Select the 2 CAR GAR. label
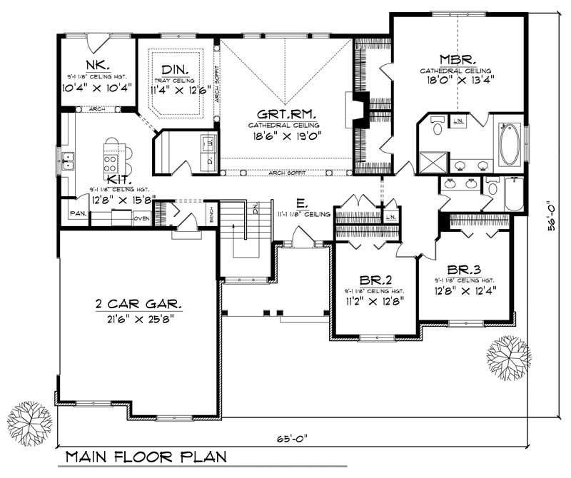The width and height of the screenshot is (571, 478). coord(139,305)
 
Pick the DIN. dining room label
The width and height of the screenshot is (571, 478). coord(175,69)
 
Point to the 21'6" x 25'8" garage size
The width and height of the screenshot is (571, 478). coord(138,319)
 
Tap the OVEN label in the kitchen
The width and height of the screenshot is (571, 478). coord(141,218)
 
